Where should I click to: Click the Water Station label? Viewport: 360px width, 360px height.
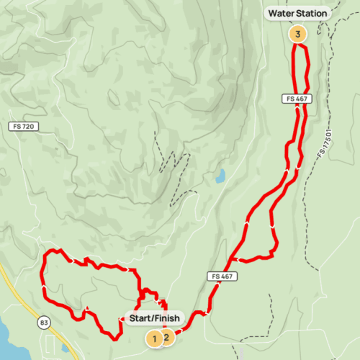pos(297,13)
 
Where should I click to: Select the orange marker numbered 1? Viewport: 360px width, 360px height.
pos(153,338)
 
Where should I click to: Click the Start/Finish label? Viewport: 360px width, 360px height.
pos(156,318)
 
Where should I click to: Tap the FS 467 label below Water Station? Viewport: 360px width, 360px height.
pos(294,98)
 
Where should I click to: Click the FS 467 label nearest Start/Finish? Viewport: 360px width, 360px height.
pos(224,276)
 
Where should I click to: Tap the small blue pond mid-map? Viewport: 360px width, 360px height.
pos(220,175)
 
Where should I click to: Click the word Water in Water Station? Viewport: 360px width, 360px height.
pos(282,13)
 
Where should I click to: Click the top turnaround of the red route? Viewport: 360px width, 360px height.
pos(298,46)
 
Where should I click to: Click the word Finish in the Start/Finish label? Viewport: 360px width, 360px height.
pos(171,318)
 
